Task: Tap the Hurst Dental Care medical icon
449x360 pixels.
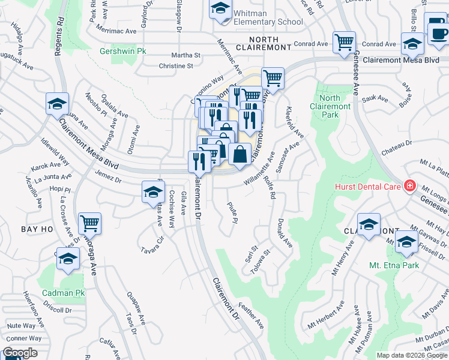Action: coord(410,187)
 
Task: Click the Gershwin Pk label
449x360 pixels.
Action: coord(124,52)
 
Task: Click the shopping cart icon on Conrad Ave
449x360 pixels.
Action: coord(344,43)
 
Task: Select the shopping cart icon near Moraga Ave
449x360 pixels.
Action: coord(89,224)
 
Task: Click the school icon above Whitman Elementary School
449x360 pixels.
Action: coord(220,9)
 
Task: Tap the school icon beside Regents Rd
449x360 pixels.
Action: coord(57,104)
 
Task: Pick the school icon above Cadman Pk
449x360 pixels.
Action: coord(68,259)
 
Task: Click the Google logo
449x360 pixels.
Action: coord(20,353)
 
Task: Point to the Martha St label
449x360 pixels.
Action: coord(185,55)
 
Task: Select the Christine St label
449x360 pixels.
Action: coord(176,66)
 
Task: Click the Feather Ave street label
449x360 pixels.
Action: coord(253,314)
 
